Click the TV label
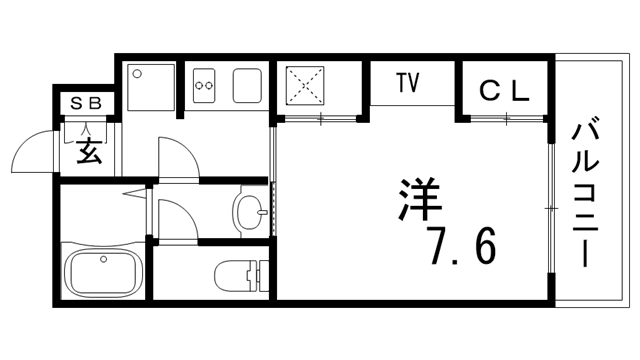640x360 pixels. [x=406, y=82]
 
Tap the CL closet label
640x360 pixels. [x=502, y=91]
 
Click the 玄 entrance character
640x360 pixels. [x=89, y=153]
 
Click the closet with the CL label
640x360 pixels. [x=503, y=91]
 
